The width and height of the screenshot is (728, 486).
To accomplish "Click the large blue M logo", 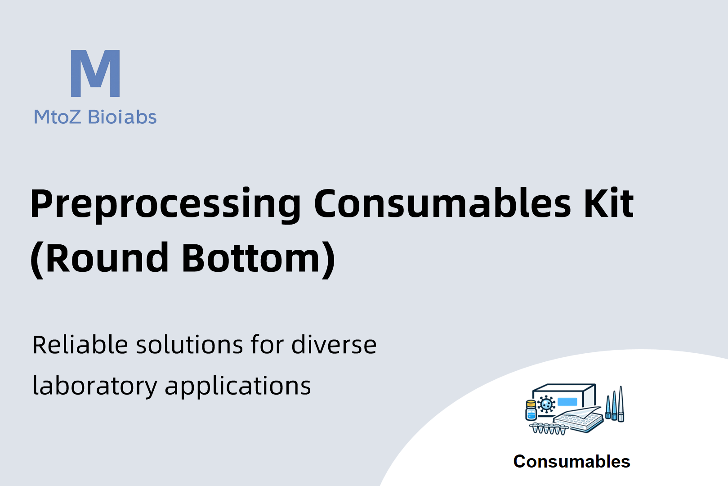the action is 95,73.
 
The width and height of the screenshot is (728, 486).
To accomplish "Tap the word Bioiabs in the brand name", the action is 122,117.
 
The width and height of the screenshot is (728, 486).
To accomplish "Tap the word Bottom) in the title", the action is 259,259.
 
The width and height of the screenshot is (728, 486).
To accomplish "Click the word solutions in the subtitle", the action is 189,345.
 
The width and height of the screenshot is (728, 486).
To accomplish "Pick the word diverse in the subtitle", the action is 334,345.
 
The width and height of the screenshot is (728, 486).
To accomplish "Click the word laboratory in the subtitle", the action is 95,387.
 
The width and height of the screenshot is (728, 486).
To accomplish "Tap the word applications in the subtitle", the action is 238,387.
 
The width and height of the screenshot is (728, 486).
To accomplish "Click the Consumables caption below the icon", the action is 572,461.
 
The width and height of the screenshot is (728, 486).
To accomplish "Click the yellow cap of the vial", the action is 531,404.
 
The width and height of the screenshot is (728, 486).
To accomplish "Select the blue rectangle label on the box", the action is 567,402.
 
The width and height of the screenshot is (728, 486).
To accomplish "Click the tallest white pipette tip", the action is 621,404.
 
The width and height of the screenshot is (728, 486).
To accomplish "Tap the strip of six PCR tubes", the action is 548,428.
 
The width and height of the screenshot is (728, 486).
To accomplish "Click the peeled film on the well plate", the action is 582,413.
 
